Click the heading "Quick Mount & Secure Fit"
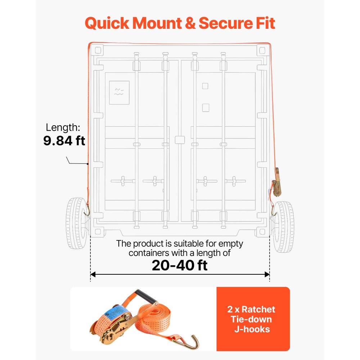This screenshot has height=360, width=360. (180, 23)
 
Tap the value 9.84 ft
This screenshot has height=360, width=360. (64, 140)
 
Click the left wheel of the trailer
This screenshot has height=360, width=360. (76, 223)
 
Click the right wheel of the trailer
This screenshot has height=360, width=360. (283, 226)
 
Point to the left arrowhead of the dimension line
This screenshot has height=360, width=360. (93, 274)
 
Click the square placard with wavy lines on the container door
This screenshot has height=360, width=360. (119, 93)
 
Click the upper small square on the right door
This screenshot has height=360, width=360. (205, 86)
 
